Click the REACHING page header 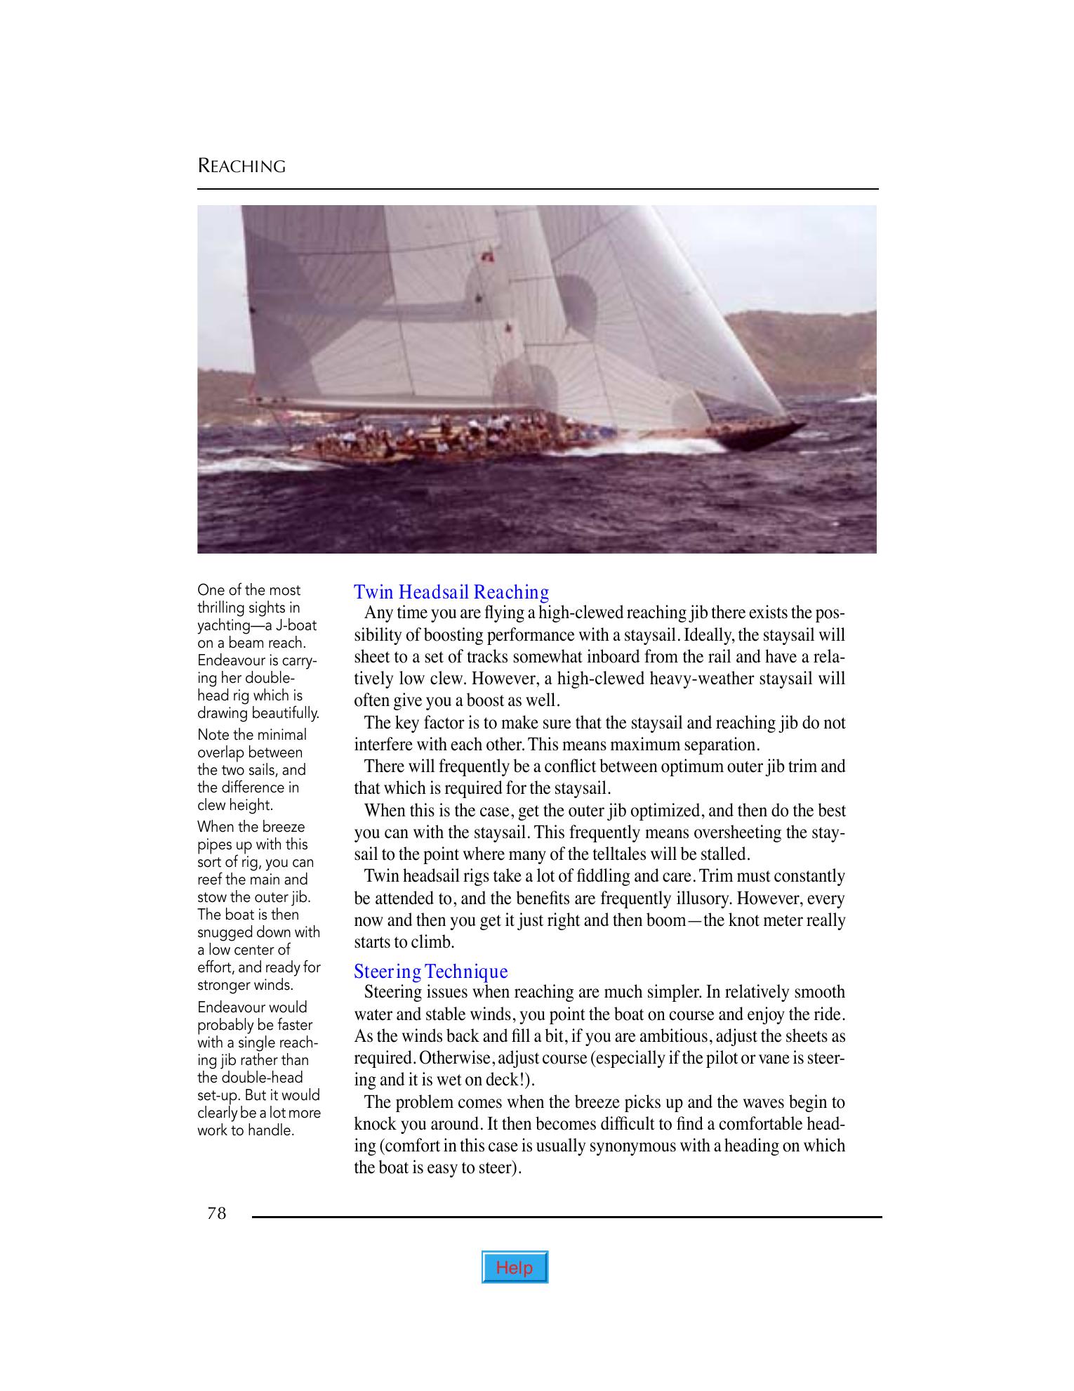click(241, 166)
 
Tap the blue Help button click(515, 1267)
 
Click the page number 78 click(217, 1213)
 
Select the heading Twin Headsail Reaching click(451, 592)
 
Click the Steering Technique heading click(430, 972)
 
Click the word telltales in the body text click(659, 855)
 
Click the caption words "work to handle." click(245, 1130)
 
